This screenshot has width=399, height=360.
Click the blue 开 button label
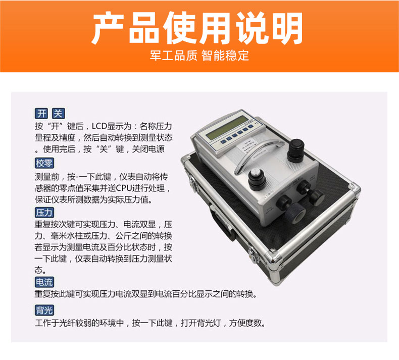click(41, 114)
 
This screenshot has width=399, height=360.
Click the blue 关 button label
click(58, 114)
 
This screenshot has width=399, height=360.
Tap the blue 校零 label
click(44, 163)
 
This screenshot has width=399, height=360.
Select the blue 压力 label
click(44, 213)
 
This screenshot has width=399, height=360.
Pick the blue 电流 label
click(44, 282)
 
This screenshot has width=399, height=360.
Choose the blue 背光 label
click(44, 311)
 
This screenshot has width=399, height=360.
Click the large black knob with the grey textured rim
click(295, 213)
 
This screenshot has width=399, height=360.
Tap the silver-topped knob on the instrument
click(257, 178)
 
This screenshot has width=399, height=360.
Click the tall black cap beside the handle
click(295, 150)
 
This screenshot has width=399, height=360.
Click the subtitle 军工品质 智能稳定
click(199, 55)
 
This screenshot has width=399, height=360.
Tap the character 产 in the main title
click(108, 28)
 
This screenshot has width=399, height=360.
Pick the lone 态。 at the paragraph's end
click(40, 270)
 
